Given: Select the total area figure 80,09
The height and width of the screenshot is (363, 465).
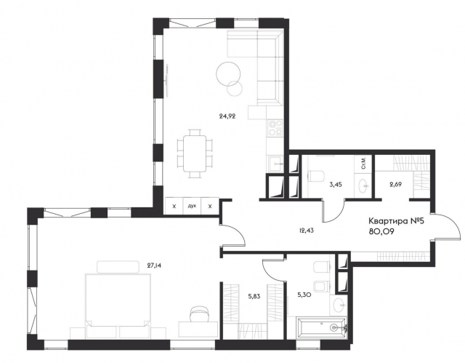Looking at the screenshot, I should pyautogui.click(x=383, y=234).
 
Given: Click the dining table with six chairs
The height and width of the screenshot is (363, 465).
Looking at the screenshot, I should pyautogui.click(x=194, y=153).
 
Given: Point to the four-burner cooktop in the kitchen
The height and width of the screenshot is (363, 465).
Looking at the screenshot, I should pyautogui.click(x=275, y=128).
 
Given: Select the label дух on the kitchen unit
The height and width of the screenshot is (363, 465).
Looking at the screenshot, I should pyautogui.click(x=192, y=207).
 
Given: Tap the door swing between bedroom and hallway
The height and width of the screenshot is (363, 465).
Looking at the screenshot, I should pyautogui.click(x=231, y=238).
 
